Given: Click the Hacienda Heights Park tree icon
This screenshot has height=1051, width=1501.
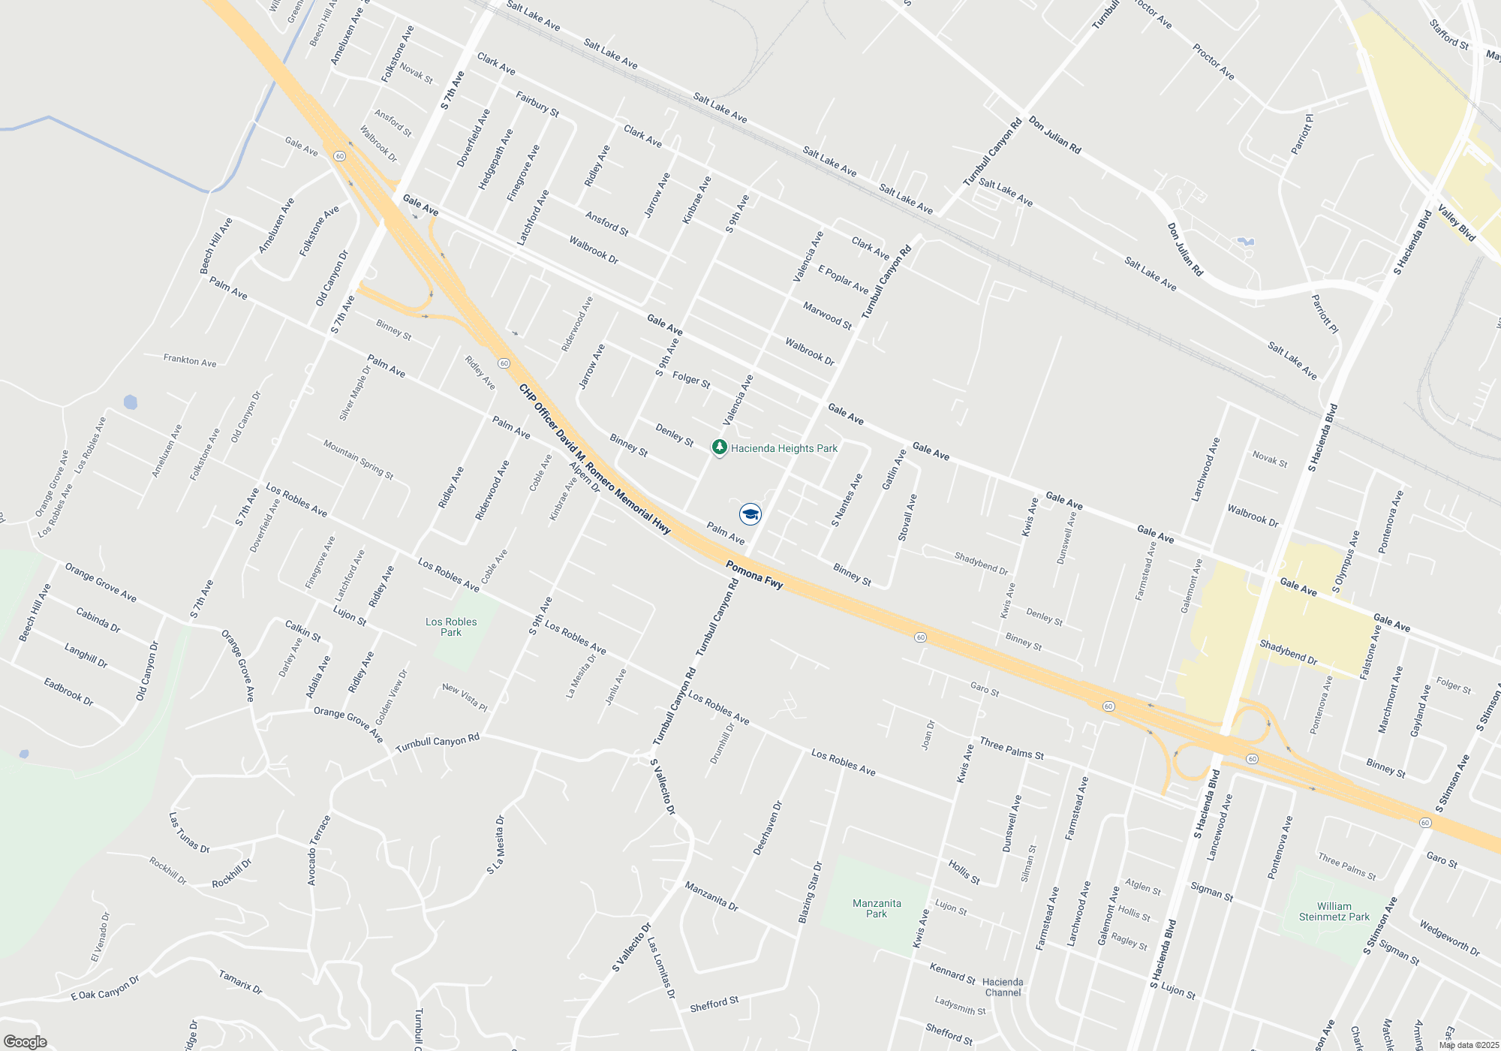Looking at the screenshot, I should tap(719, 448).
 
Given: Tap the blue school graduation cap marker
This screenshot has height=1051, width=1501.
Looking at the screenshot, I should tap(750, 514).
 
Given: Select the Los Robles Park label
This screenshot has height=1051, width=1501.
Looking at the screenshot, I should tap(451, 627).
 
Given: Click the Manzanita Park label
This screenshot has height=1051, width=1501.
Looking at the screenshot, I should tap(877, 908).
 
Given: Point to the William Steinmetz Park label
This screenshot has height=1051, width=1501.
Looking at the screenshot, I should tap(1334, 911).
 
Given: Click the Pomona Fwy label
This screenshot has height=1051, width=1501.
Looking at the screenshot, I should tap(754, 574).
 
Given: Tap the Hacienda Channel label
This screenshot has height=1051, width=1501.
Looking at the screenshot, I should tap(1003, 987).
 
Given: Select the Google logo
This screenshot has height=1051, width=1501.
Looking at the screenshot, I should tap(26, 1041).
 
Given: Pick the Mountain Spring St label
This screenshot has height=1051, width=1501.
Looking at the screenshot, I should tap(358, 459).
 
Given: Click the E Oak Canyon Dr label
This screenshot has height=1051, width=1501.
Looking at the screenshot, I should tap(105, 988).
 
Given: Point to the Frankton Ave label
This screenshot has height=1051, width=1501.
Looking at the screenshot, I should tap(190, 360).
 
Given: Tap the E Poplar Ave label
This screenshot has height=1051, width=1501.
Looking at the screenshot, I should tap(843, 279).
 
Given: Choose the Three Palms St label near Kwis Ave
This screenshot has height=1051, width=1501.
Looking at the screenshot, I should tap(1012, 748).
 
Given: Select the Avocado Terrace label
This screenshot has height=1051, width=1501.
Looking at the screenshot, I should tap(319, 851).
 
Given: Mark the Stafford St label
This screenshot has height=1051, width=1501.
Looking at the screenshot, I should tap(1448, 35).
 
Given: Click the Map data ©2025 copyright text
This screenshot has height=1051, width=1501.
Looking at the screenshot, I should tap(1469, 1045).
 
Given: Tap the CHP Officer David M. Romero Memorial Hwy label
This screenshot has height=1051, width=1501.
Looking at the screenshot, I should tap(594, 459).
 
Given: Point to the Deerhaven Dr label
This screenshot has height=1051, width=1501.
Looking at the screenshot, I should tap(768, 828).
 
